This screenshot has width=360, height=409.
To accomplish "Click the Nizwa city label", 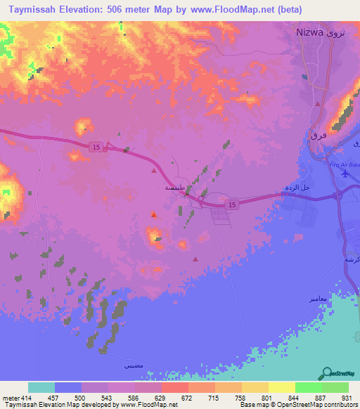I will coord(309,32).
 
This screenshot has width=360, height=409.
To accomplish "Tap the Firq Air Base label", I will coord(343,164).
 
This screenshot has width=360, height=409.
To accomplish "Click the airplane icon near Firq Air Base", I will coord(345,172).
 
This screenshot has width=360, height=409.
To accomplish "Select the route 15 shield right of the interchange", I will coord(230,203).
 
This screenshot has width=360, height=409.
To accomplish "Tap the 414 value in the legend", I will coord(26,398).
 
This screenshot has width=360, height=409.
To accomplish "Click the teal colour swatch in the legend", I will coord(41,387).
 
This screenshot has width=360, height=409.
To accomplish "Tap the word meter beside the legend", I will coord(9,398).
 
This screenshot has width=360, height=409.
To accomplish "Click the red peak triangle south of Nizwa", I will coord(319,103).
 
